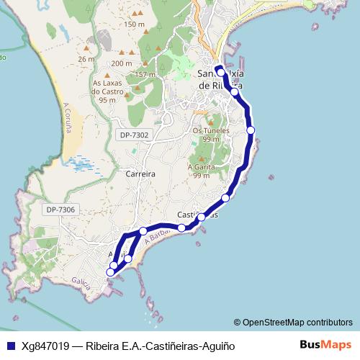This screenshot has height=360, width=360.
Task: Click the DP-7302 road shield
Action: (x=135, y=135)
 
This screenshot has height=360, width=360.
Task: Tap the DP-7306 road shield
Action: (x=60, y=210)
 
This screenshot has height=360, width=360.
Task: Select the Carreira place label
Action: (x=140, y=174)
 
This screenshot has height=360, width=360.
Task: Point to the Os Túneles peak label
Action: (x=211, y=131)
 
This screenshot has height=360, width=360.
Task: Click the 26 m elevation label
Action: (x=86, y=59)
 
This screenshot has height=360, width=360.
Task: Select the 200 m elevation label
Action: (x=122, y=63)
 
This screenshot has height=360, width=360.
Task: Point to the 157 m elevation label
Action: (x=145, y=74)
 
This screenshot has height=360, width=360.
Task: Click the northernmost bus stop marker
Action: (x=221, y=73)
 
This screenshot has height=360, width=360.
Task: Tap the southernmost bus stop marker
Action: (x=111, y=271)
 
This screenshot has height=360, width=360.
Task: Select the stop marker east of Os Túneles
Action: (x=251, y=130)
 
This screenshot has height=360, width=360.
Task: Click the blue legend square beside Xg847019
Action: (x=11, y=346)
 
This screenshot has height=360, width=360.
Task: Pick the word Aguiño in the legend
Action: (x=218, y=346)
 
